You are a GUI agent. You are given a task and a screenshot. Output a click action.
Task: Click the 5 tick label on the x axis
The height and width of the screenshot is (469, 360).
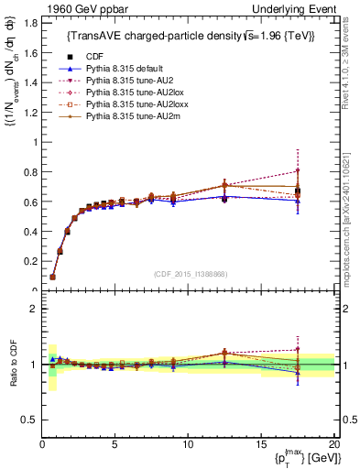click(x=115, y=444)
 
